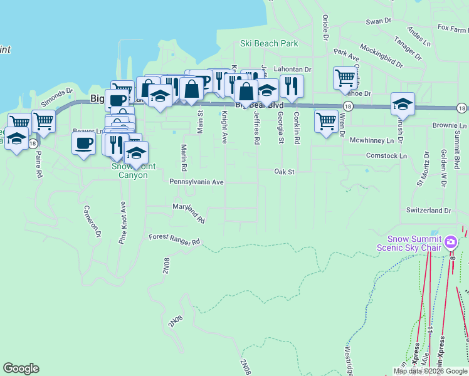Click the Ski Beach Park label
click(x=269, y=44)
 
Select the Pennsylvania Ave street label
click(x=196, y=182)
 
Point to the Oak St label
click(x=284, y=171)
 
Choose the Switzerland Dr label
click(x=429, y=211)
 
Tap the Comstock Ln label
click(x=386, y=155)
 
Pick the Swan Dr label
click(x=379, y=21)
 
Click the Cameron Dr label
click(x=92, y=222)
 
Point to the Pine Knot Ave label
click(x=123, y=222)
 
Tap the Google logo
click(x=21, y=368)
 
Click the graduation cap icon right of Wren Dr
click(x=403, y=103)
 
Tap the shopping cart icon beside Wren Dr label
click(x=326, y=121)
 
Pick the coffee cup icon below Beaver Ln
click(x=83, y=143)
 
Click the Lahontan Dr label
click(x=292, y=70)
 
